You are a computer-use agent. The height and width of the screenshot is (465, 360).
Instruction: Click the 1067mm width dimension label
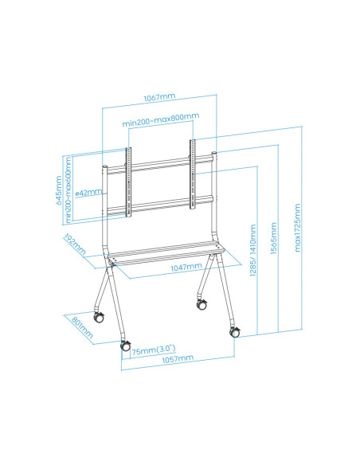[x=160, y=97]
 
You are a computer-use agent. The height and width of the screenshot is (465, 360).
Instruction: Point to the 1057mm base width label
[x=177, y=359]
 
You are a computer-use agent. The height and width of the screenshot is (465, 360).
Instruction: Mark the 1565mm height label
[x=274, y=241]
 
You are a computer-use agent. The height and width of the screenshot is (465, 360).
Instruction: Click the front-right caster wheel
[x=236, y=333]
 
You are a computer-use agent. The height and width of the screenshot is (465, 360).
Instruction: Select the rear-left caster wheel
[x=100, y=316]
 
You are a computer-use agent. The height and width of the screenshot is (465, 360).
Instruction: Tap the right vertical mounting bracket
[x=192, y=177]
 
